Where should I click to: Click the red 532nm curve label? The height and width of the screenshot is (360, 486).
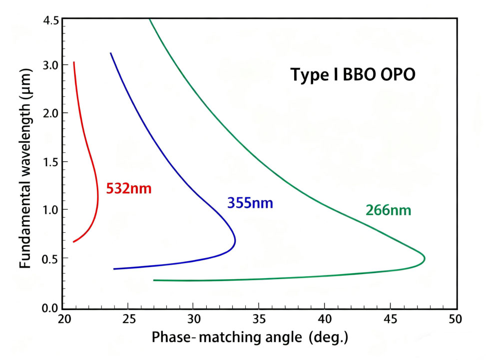pyautogui.click(x=128, y=189)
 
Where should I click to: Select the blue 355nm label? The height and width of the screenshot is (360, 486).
pyautogui.click(x=251, y=203)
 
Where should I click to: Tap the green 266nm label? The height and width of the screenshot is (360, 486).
pyautogui.click(x=388, y=210)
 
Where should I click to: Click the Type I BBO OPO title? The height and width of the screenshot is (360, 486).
pyautogui.click(x=353, y=75)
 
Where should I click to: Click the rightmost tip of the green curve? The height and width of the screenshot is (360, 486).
pyautogui.click(x=425, y=258)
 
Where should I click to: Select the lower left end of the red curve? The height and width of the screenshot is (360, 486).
pyautogui.click(x=73, y=242)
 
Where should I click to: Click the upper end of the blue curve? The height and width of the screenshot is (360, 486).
pyautogui.click(x=110, y=53)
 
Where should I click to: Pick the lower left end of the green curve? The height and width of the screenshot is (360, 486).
pyautogui.click(x=154, y=280)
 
